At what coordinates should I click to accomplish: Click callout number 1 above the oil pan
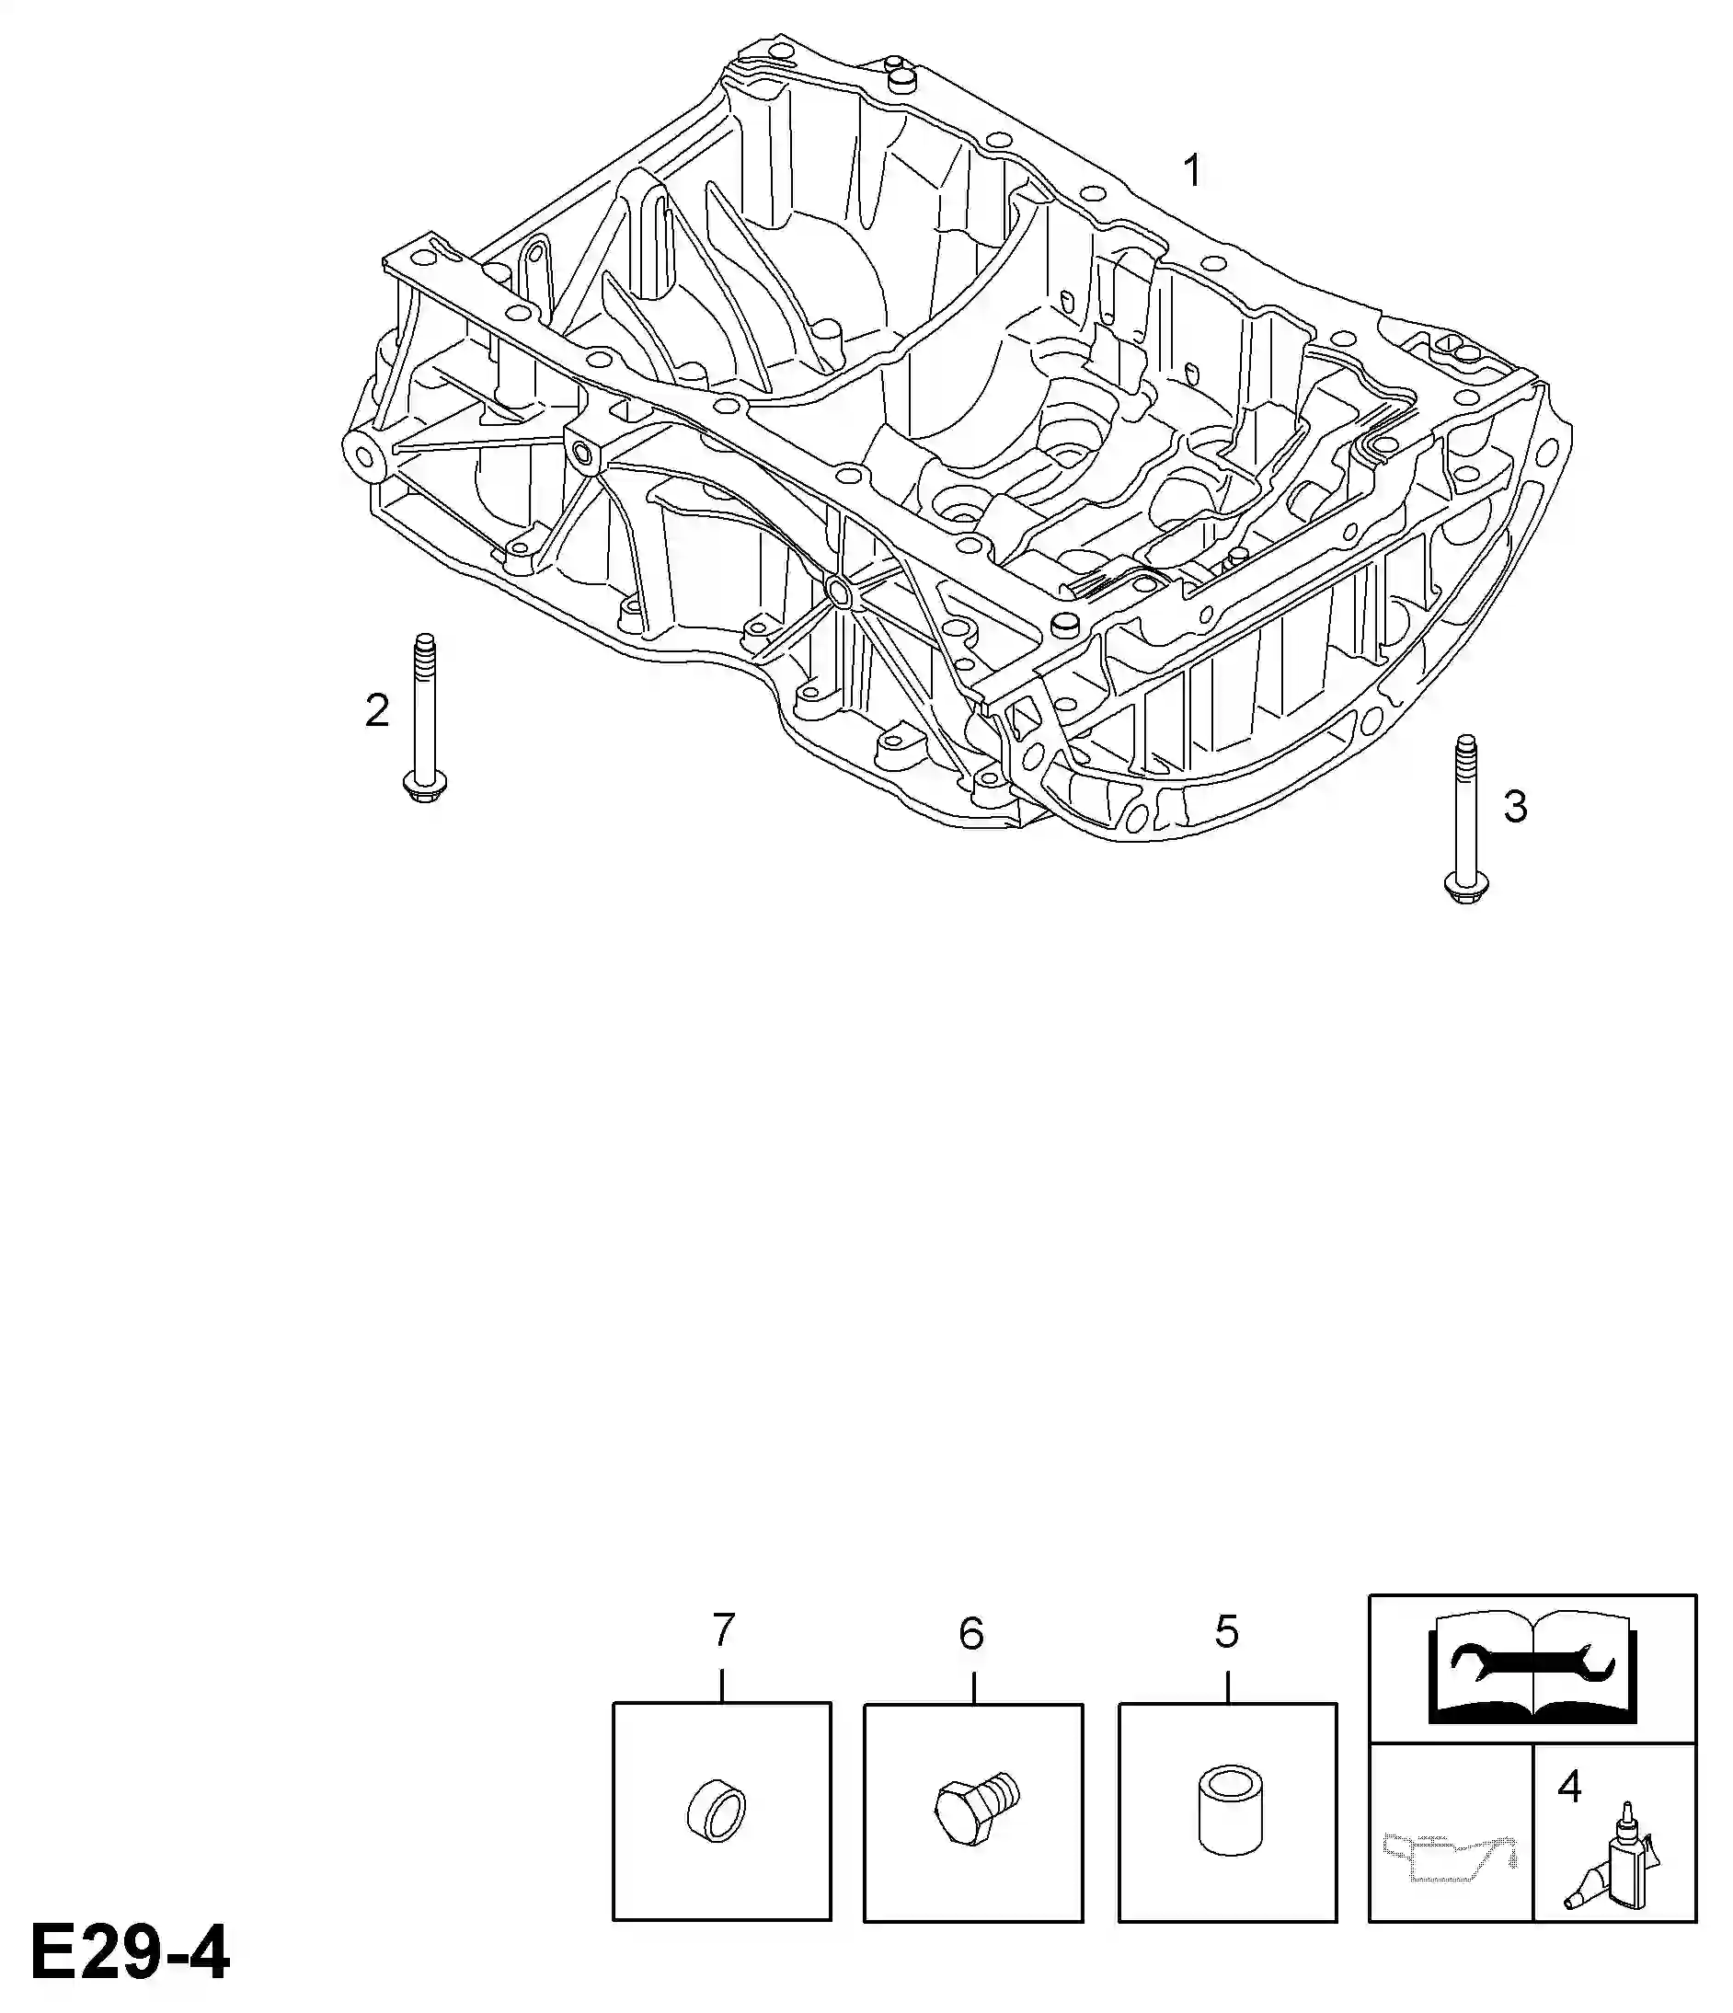(x=1192, y=171)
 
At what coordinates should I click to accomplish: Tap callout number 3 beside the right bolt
(x=1515, y=806)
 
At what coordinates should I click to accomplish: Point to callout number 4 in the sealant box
(x=1570, y=1787)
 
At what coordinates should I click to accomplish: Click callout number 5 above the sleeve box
(x=1227, y=1632)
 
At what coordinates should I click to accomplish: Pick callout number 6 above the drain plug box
(x=971, y=1634)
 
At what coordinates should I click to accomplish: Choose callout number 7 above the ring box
(x=723, y=1630)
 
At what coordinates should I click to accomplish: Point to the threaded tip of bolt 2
(x=424, y=645)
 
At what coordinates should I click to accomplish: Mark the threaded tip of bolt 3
(x=1466, y=748)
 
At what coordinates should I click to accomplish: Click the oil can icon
(x=1450, y=1857)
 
